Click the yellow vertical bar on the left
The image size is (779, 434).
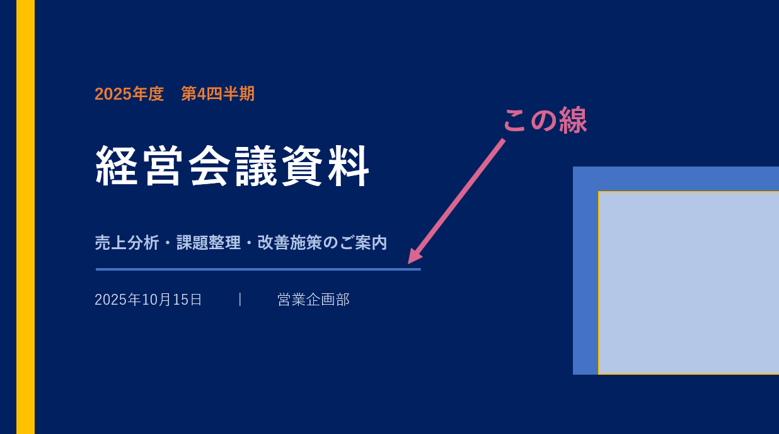coord(25,217)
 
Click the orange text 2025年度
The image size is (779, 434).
coord(129,94)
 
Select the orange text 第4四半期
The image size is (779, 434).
coord(218,94)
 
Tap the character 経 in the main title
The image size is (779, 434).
coord(116,166)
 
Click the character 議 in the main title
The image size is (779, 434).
coord(256,166)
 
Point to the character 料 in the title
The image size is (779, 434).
coord(349,166)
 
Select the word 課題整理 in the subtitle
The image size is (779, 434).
coord(209,243)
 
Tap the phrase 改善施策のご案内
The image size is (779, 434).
coord(322,243)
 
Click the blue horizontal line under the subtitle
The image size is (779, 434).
coord(258,269)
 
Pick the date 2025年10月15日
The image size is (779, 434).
coord(148,300)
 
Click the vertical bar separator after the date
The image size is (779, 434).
coord(240,299)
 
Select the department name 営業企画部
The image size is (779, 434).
coord(313,300)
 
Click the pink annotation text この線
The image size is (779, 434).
coord(545,120)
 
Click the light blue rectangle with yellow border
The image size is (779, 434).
coord(689,283)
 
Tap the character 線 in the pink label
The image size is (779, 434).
coord(573,120)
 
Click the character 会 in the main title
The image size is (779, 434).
coord(209,166)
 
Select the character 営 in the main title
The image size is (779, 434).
coord(163,166)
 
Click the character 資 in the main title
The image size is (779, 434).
coord(303,166)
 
